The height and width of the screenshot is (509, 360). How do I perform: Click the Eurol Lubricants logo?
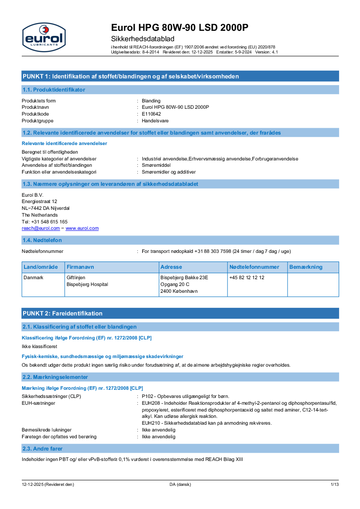click(x=44, y=37)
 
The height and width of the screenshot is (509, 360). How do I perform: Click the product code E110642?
click(x=151, y=114)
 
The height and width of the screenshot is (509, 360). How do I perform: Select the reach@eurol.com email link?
click(x=40, y=228)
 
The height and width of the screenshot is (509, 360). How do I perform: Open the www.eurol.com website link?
click(x=82, y=228)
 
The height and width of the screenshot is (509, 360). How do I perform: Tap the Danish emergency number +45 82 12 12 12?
click(x=247, y=277)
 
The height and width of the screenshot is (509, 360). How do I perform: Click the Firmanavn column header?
click(x=80, y=267)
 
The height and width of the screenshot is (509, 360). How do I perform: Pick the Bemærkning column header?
click(x=306, y=267)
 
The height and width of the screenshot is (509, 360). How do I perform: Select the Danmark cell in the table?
click(x=33, y=277)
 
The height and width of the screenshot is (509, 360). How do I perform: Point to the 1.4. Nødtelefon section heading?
click(x=42, y=240)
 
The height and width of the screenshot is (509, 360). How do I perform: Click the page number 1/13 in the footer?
click(x=334, y=485)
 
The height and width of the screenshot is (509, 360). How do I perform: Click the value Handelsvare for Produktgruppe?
click(x=155, y=121)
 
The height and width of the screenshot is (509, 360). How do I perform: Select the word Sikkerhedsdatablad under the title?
click(x=143, y=39)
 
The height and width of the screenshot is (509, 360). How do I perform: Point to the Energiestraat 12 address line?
click(x=39, y=201)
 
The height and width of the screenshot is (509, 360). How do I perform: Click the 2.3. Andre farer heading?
click(x=43, y=448)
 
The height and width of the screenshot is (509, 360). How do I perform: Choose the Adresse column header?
click(x=171, y=267)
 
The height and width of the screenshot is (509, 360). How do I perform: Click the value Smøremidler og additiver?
click(x=169, y=172)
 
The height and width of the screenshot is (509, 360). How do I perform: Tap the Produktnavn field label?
click(x=35, y=107)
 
